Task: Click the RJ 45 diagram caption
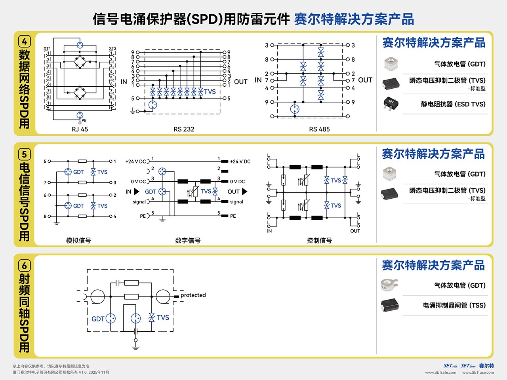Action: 80,129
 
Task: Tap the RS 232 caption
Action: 184,129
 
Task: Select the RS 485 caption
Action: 319,129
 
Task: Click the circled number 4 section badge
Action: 25,42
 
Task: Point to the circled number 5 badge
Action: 25,154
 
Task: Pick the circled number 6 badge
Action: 25,266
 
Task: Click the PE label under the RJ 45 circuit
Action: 84,120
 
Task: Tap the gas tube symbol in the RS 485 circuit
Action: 295,109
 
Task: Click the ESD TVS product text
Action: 453,104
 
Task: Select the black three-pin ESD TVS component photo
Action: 391,103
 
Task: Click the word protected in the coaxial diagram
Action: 193,295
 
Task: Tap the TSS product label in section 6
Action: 454,305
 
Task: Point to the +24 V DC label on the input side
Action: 135,161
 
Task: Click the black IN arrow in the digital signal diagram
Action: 137,192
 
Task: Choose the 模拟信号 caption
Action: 78,240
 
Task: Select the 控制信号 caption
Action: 319,240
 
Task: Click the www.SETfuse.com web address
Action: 478,372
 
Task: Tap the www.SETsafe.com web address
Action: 440,372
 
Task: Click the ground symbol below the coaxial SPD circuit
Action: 136,347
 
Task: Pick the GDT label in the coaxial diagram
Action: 98,319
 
